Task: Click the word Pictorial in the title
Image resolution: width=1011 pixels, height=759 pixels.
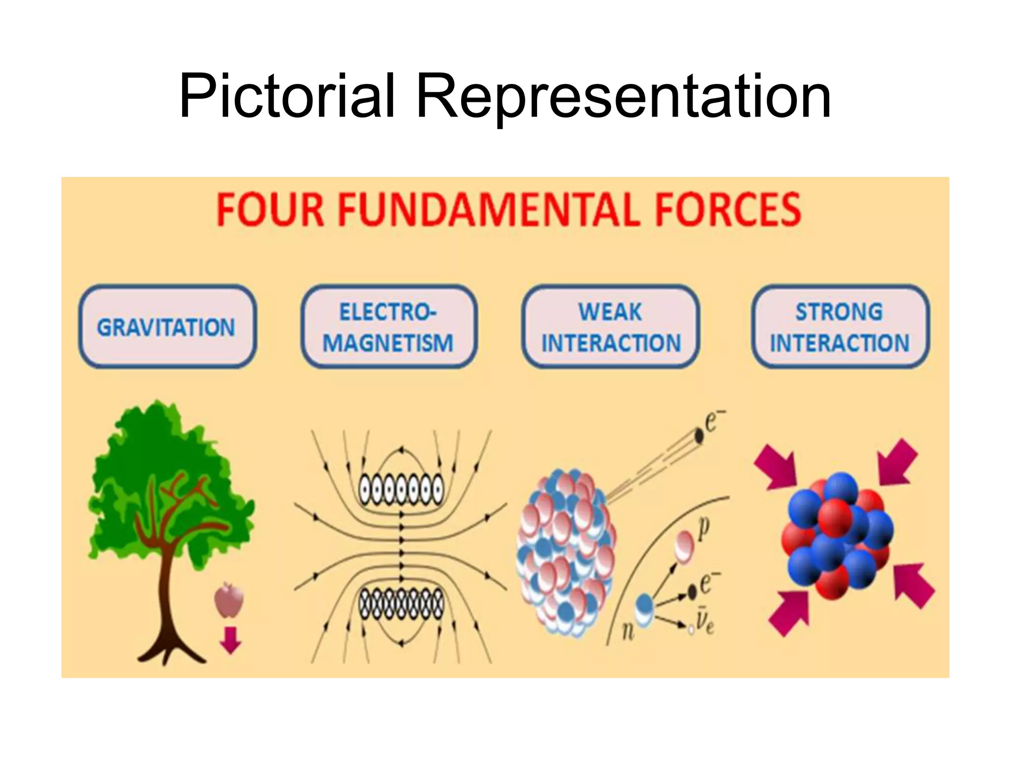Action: coord(286,96)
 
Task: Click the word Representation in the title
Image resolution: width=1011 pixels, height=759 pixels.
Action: coord(623,96)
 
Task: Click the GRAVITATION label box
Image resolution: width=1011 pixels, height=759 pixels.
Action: coord(167,327)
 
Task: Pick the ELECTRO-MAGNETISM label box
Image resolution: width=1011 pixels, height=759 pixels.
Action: coord(389,327)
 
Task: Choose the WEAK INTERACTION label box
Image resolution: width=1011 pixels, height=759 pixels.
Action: coord(611,327)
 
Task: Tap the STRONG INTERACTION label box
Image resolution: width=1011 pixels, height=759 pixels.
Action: coord(840,327)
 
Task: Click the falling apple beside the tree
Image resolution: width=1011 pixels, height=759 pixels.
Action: coord(229,600)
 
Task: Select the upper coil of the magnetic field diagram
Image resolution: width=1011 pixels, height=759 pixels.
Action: coord(401,489)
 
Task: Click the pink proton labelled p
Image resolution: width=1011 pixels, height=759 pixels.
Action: coord(685,546)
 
